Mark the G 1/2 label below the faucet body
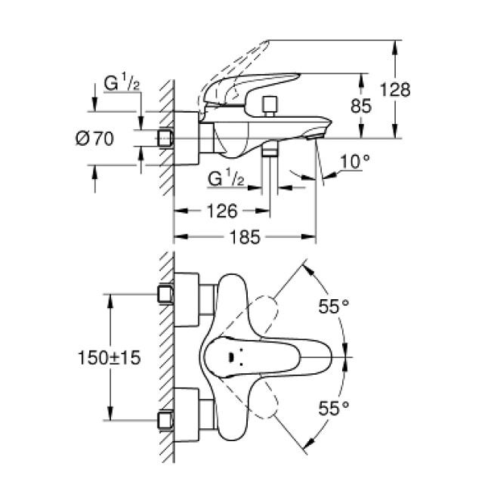tap(224, 179)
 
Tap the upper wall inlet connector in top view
tap(166, 294)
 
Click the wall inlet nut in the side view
tap(165, 138)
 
